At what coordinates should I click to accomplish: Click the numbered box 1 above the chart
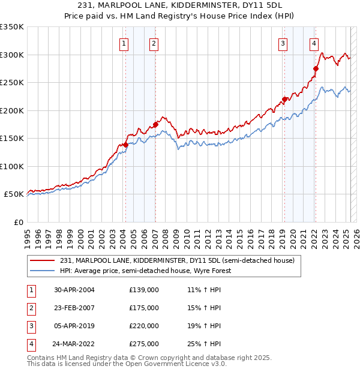[124, 43]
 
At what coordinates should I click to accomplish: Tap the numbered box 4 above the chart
[314, 43]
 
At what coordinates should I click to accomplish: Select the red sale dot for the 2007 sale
[155, 125]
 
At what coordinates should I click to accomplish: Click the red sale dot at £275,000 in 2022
[316, 68]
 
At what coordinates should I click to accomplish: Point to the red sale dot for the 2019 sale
[284, 100]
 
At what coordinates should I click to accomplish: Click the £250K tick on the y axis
[12, 83]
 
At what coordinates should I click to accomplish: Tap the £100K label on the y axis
[12, 166]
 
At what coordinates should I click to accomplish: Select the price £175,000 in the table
[144, 308]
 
